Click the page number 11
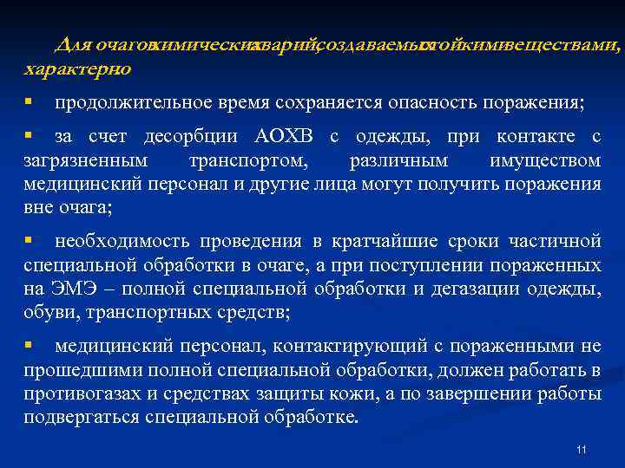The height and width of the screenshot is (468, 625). pyautogui.click(x=582, y=449)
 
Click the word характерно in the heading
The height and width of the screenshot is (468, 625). pyautogui.click(x=78, y=68)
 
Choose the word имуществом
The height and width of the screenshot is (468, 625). pyautogui.click(x=545, y=160)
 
